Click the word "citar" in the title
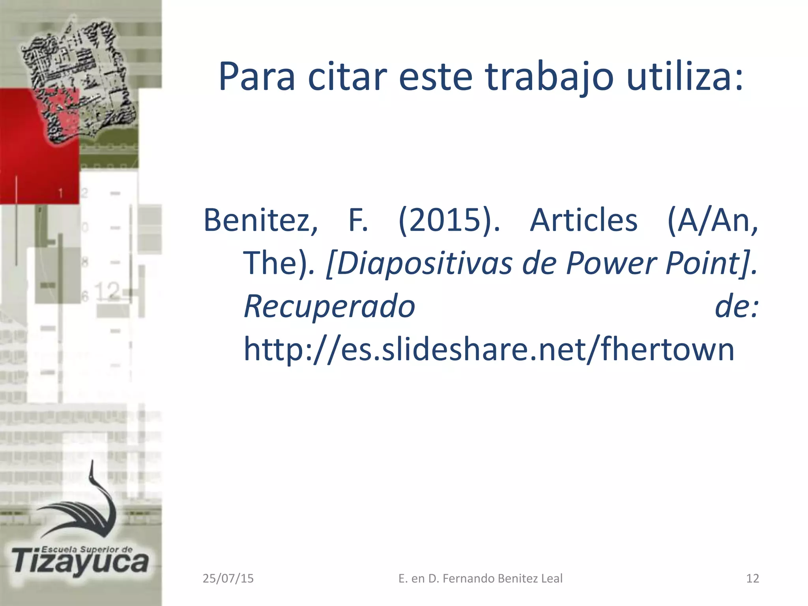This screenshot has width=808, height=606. [346, 77]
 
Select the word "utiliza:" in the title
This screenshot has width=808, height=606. [685, 77]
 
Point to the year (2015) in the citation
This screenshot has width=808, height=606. [449, 220]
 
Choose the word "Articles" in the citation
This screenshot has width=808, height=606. [584, 220]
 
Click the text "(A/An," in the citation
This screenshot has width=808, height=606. [713, 220]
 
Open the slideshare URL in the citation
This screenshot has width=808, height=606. [489, 349]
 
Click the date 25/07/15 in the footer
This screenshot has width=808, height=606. [228, 578]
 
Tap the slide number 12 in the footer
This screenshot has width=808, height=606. [752, 578]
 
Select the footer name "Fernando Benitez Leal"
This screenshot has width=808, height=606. [502, 578]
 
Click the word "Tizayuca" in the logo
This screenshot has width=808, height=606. [81, 562]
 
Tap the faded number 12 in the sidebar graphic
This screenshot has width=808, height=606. [107, 291]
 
